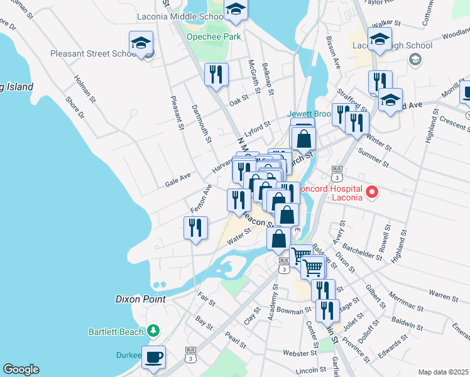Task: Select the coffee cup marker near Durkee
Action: tap(153, 358)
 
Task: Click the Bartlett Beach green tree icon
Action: tap(152, 331)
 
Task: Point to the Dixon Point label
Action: tap(141, 300)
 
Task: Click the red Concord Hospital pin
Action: tap(371, 192)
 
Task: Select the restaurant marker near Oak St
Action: tap(216, 75)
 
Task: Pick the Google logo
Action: tap(21, 369)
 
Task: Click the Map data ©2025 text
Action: tap(443, 372)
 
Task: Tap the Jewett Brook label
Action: tap(309, 114)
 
